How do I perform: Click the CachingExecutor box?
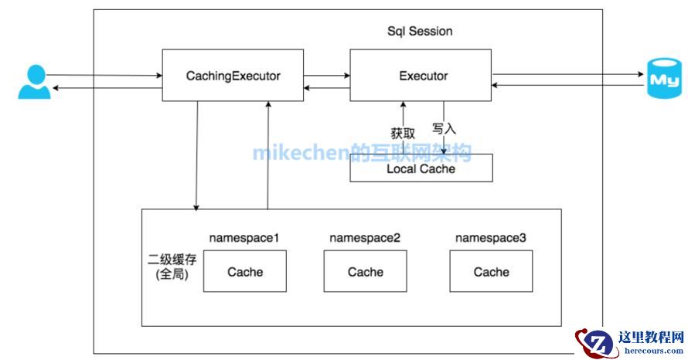[232, 75]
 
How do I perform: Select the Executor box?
[422, 75]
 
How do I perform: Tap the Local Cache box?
[421, 168]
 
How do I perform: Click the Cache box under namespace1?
[244, 272]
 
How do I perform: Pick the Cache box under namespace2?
[365, 272]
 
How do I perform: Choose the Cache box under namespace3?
[491, 272]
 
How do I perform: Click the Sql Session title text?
[420, 31]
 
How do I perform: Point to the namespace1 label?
[244, 237]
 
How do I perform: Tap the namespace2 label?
[365, 237]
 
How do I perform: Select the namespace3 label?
[491, 237]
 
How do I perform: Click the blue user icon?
[33, 82]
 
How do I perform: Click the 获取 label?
[403, 133]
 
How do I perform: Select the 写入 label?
[444, 128]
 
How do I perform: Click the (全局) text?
[172, 275]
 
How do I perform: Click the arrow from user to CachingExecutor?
[104, 75]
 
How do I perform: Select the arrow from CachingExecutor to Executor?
[326, 75]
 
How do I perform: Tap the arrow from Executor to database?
[568, 75]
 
